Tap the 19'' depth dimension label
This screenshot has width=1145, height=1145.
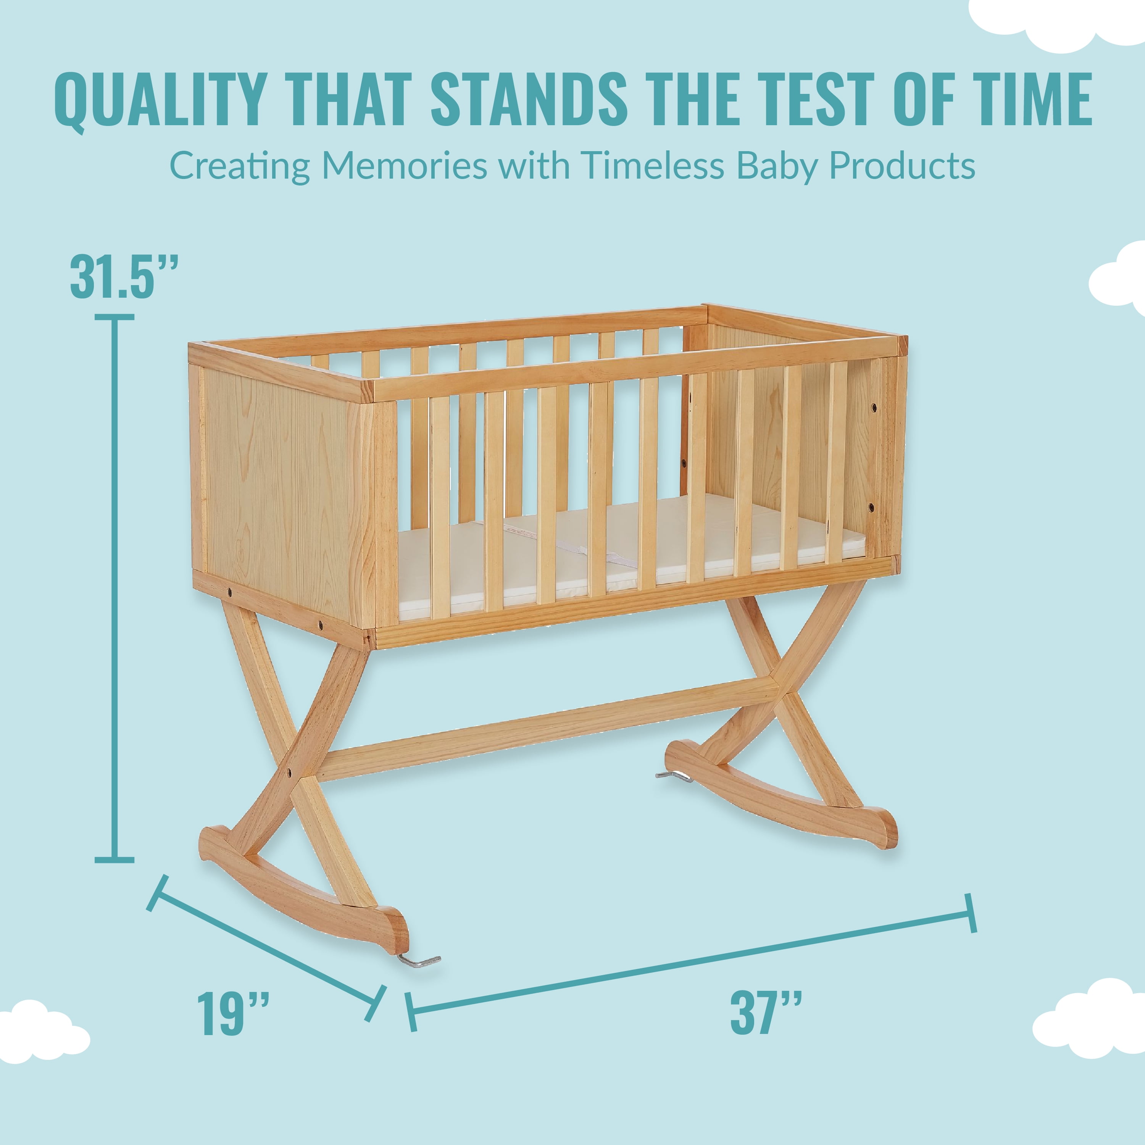coord(233,1013)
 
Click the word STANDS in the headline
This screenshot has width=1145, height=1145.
coord(529,98)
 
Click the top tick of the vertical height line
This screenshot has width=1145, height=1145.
coord(114,318)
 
